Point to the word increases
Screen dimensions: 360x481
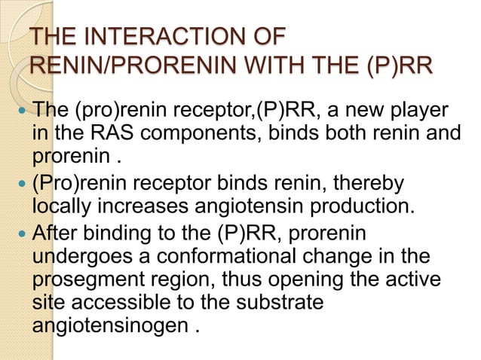pyautogui.click(x=148, y=206)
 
